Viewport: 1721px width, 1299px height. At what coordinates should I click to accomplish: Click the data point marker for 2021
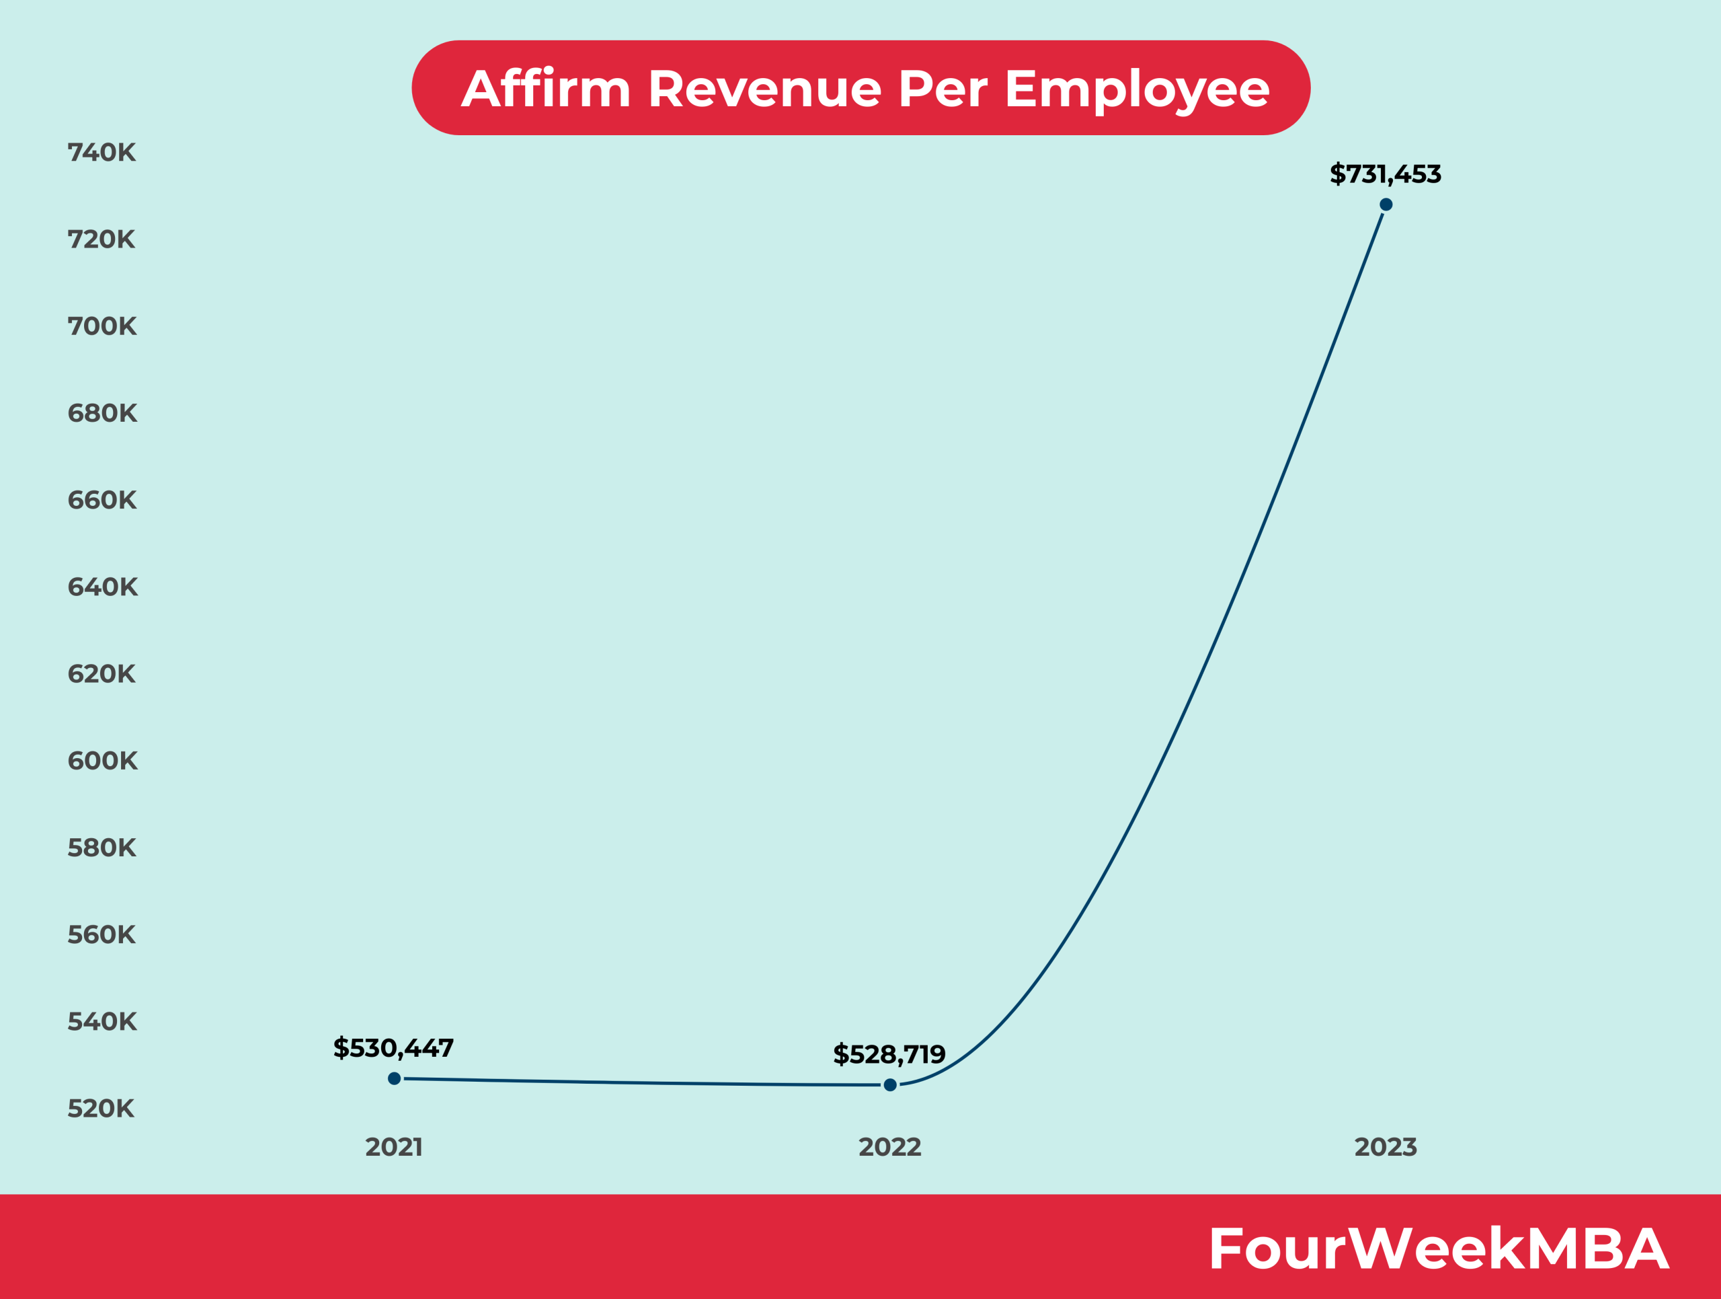(x=395, y=1079)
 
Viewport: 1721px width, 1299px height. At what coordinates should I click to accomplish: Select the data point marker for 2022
(x=890, y=1085)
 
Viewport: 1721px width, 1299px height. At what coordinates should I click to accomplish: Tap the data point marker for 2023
(x=1386, y=205)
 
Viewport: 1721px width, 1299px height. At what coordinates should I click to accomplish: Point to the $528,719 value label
(x=889, y=1055)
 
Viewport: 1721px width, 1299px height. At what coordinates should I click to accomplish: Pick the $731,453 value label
(x=1385, y=174)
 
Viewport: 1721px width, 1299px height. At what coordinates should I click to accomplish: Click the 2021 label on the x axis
(x=394, y=1147)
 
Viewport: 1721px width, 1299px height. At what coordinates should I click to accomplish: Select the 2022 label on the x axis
(x=889, y=1147)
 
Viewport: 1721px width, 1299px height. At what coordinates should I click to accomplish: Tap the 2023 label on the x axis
(x=1385, y=1147)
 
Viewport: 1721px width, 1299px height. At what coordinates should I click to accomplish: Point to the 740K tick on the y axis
(x=102, y=153)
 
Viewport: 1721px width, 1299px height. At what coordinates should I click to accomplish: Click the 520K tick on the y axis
(x=101, y=1109)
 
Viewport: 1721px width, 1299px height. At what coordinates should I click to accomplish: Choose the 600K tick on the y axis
(x=103, y=760)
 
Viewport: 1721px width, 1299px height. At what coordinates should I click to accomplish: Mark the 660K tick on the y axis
(x=102, y=500)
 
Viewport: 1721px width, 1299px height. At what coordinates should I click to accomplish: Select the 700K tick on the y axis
(x=102, y=326)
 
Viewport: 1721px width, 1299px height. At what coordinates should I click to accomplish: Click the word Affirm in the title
(x=545, y=89)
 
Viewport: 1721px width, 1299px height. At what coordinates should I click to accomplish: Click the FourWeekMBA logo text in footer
(x=1439, y=1249)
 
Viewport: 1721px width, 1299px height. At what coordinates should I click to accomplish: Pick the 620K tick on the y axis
(x=102, y=673)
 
